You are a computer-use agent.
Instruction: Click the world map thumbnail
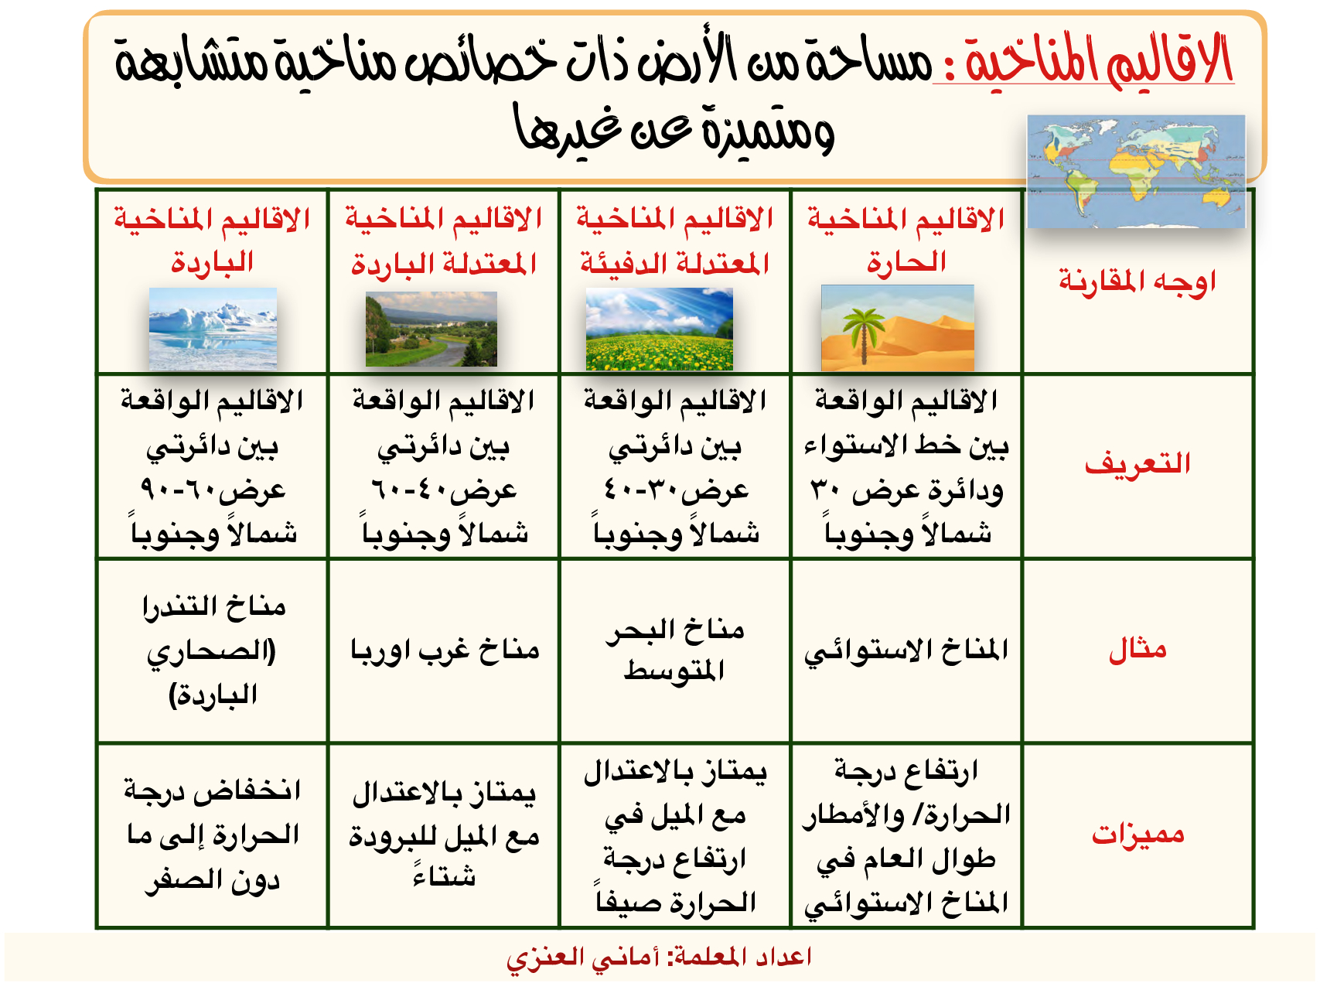point(1136,172)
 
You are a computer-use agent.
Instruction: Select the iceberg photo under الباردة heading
point(213,329)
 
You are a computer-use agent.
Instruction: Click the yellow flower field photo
point(659,329)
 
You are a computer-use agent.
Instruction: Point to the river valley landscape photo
point(431,329)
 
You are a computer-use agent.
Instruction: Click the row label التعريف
point(1138,463)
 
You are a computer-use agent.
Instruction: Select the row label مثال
point(1138,649)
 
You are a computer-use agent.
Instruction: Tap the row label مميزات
point(1138,834)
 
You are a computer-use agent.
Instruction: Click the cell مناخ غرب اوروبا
point(445,650)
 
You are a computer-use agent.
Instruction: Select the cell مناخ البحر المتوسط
point(675,650)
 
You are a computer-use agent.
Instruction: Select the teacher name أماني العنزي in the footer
point(583,958)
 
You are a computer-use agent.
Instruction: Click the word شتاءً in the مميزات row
point(445,876)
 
